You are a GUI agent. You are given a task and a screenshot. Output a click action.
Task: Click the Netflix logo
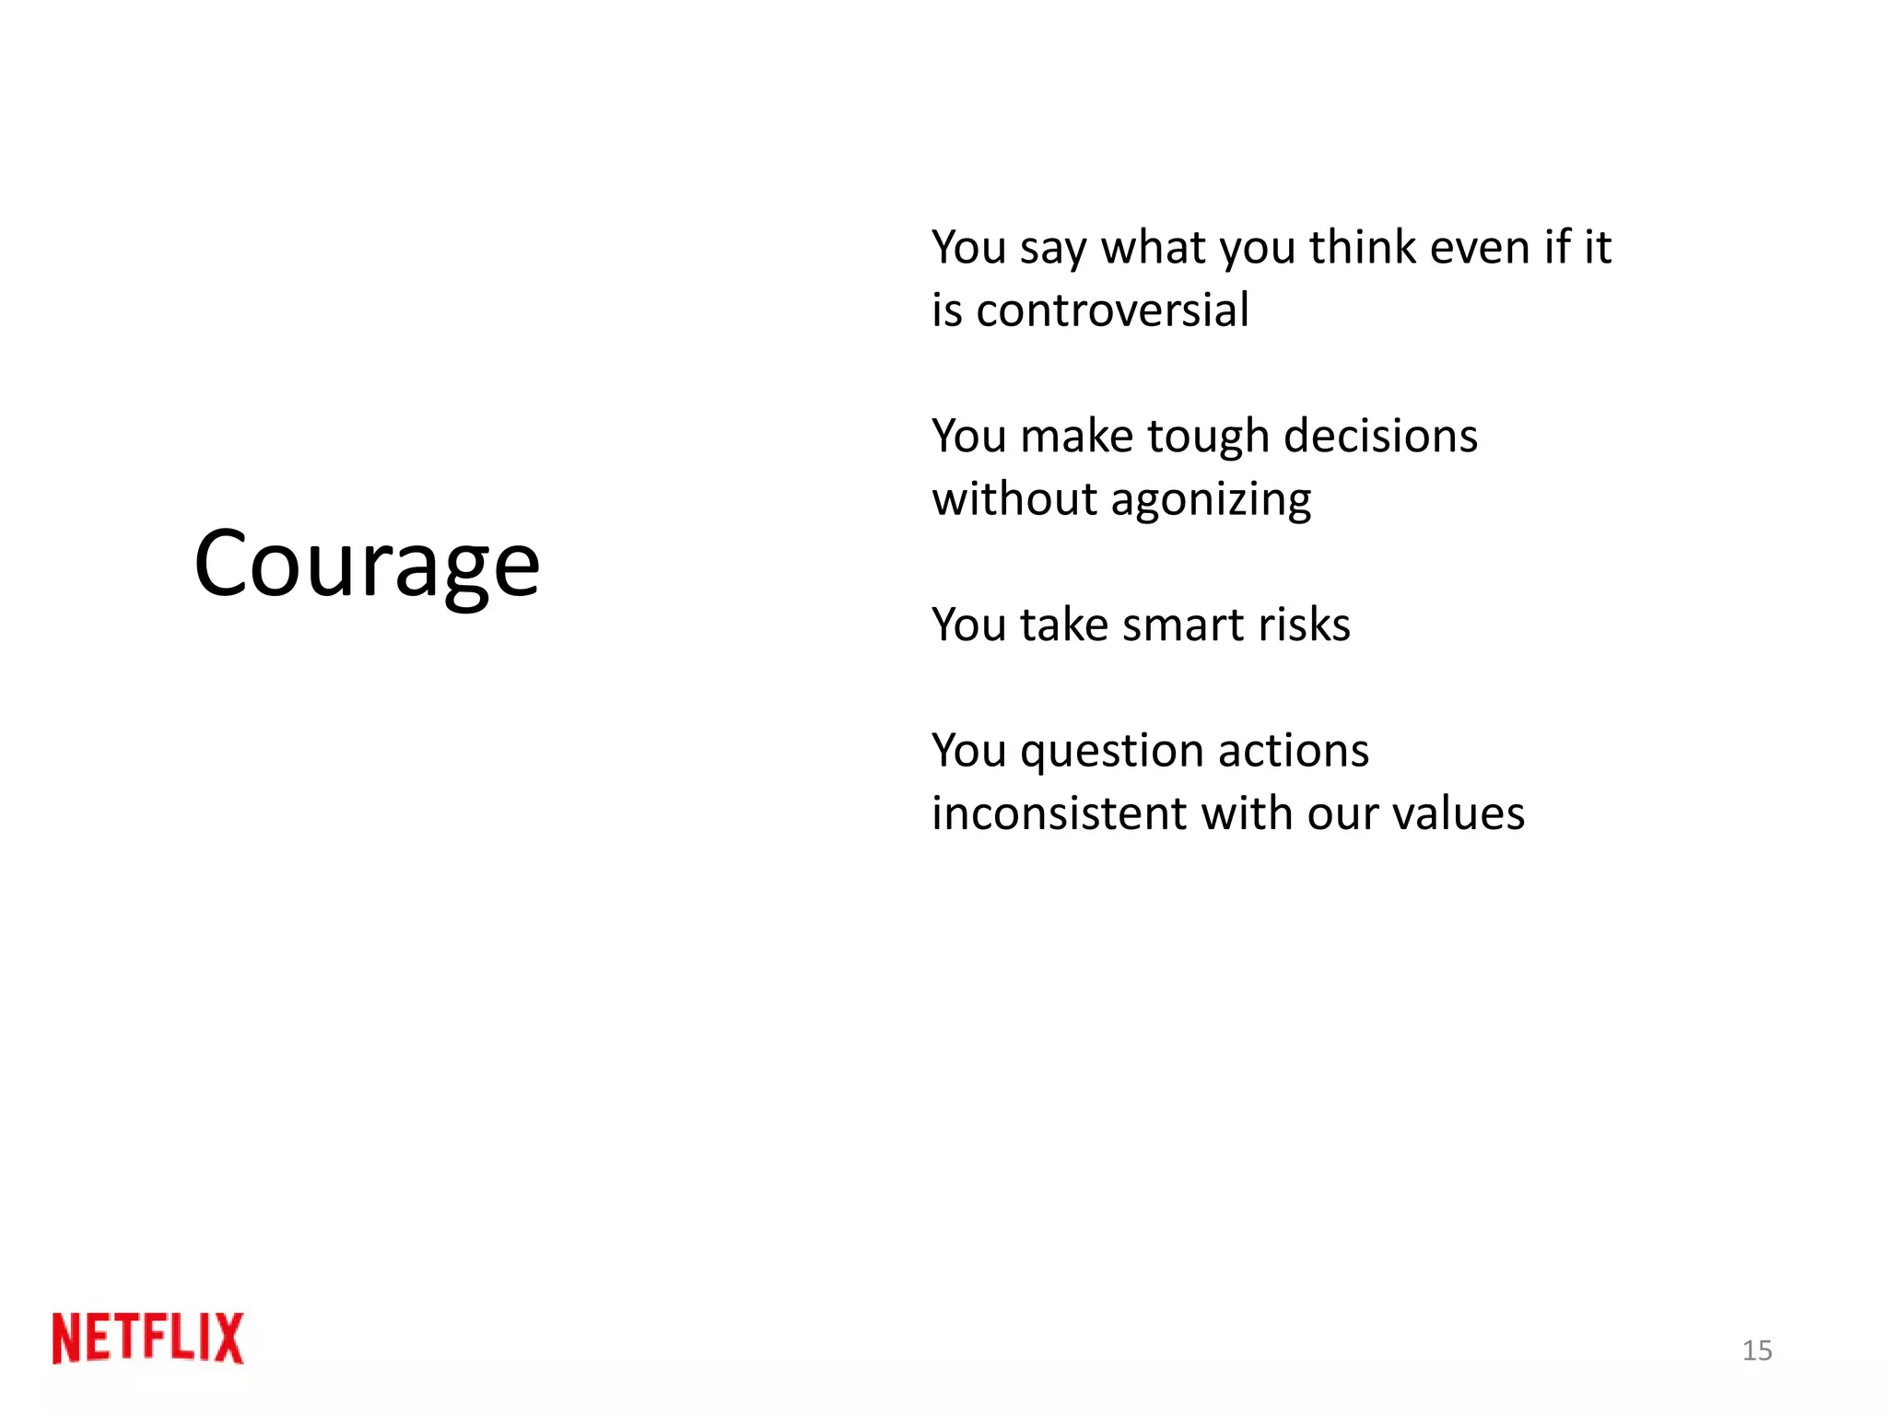coord(148,1338)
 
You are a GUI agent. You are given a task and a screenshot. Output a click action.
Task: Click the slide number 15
coord(1756,1351)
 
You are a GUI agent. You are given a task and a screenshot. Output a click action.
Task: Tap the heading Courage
coord(367,564)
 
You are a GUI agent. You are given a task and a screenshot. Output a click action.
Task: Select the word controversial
coord(1112,310)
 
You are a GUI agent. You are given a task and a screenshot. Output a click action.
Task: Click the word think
coord(1363,247)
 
